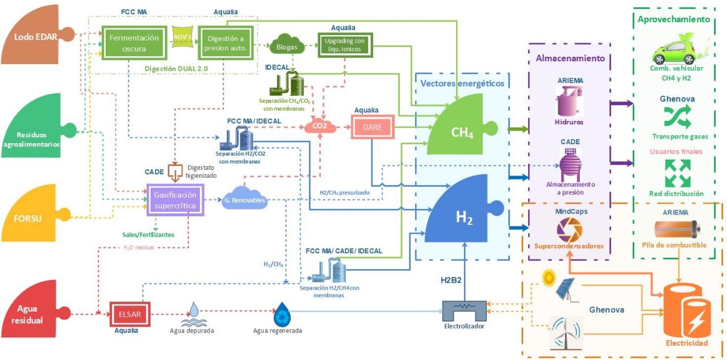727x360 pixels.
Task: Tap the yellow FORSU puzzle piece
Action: pyautogui.click(x=31, y=218)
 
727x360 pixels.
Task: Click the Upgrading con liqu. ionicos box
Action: pyautogui.click(x=345, y=44)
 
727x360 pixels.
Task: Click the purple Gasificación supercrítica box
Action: pyautogui.click(x=174, y=199)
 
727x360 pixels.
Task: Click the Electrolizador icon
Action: pyautogui.click(x=464, y=311)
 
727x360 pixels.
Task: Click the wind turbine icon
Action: pyautogui.click(x=566, y=332)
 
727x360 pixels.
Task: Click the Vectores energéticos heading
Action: pyautogui.click(x=462, y=83)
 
